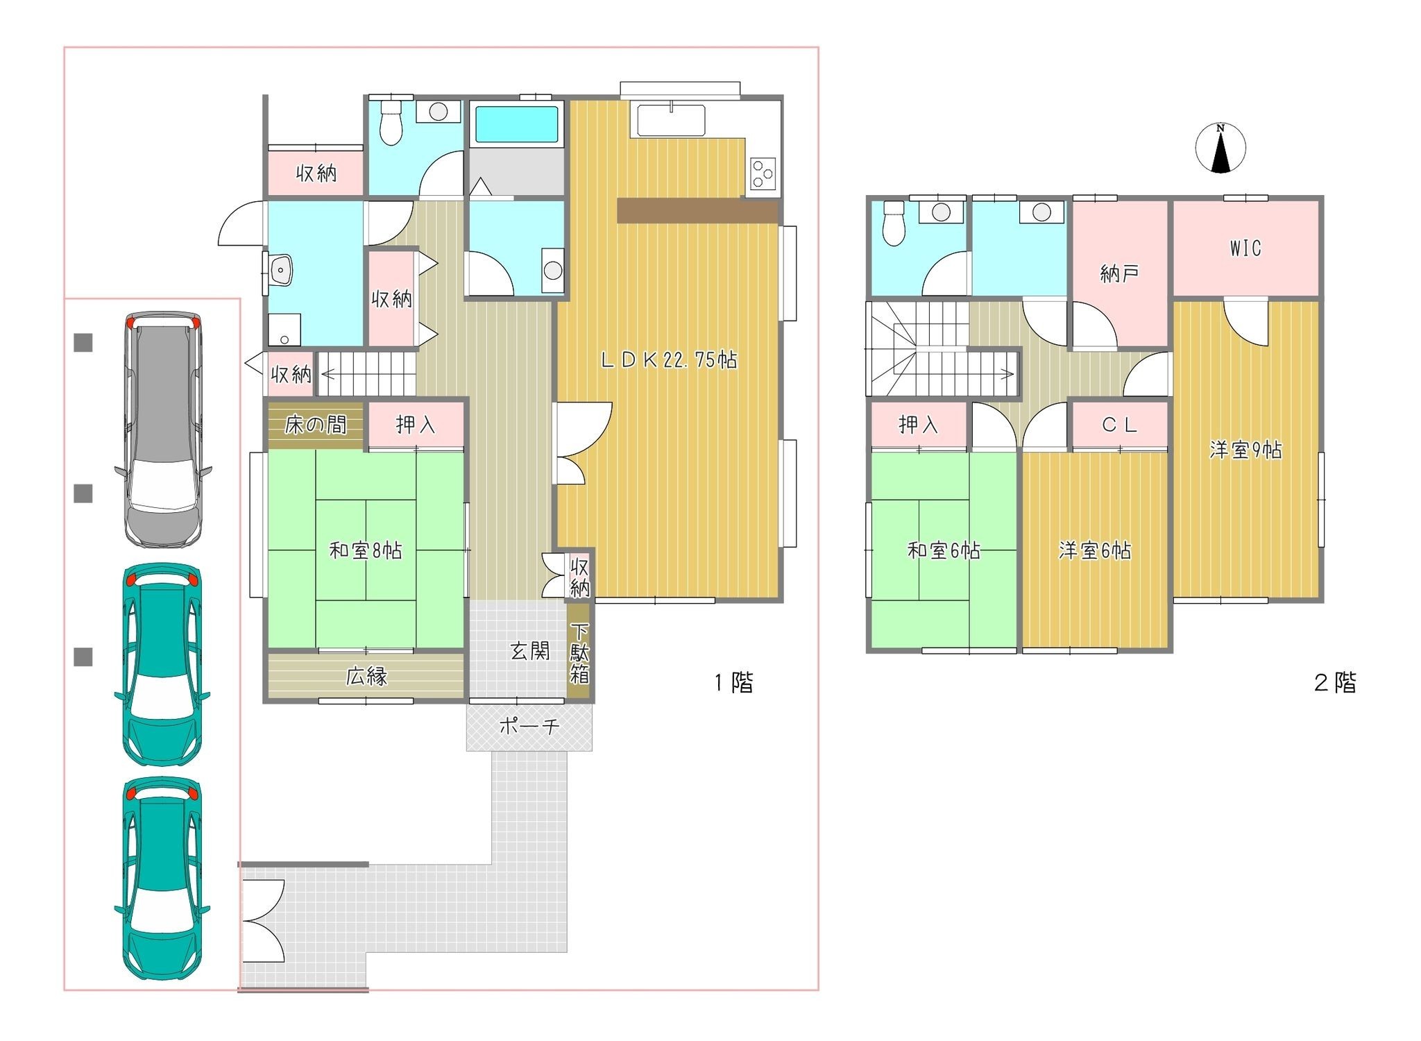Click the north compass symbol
(x=1220, y=148)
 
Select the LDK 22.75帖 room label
(x=668, y=359)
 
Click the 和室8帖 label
(x=366, y=550)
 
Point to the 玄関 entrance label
(x=530, y=651)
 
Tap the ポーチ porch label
(x=529, y=727)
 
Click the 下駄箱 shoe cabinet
(x=579, y=653)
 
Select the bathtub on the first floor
(x=517, y=124)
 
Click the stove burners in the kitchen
(x=763, y=173)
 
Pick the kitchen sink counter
(x=671, y=120)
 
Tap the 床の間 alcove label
(x=316, y=425)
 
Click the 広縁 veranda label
(x=366, y=676)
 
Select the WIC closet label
(x=1245, y=248)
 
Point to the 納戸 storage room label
(x=1119, y=273)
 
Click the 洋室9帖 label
(x=1245, y=450)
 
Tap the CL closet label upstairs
(x=1119, y=425)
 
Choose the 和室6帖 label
(x=944, y=550)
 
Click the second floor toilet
(x=895, y=223)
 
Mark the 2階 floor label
(x=1335, y=683)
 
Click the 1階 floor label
(x=733, y=683)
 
